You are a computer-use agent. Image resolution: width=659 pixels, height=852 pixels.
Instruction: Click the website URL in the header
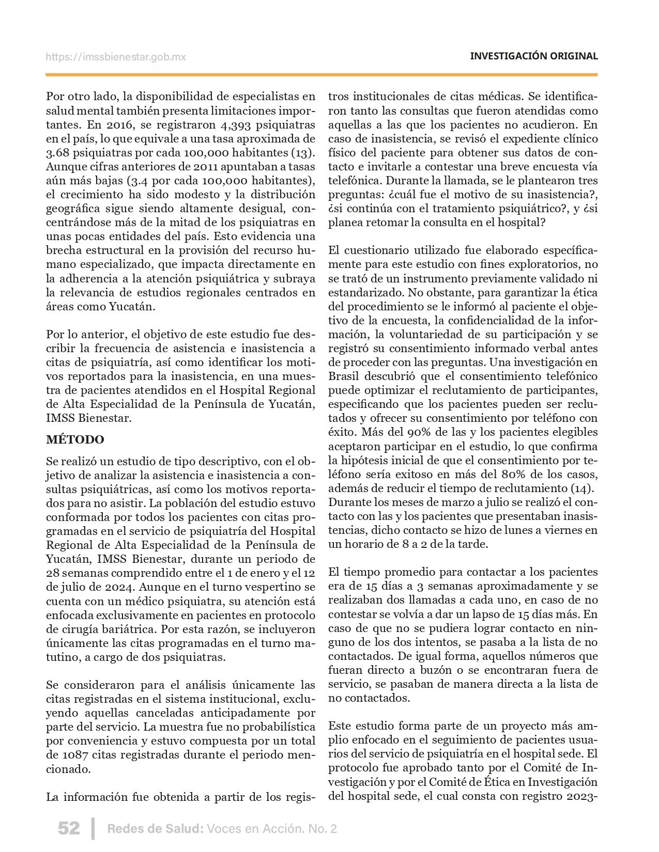(116, 57)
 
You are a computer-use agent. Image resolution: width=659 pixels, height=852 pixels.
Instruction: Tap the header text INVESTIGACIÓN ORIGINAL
(534, 56)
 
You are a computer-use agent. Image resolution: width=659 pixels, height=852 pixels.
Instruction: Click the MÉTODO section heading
(75, 439)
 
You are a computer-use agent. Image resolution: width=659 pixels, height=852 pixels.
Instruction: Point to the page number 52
(69, 828)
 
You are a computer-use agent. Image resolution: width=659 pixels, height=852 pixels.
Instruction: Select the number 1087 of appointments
(75, 754)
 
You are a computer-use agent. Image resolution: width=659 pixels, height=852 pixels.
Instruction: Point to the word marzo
(430, 502)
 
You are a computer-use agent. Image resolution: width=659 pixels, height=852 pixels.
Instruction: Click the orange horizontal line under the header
(321, 75)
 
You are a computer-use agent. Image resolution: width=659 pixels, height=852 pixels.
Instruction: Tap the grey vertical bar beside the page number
(93, 828)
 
